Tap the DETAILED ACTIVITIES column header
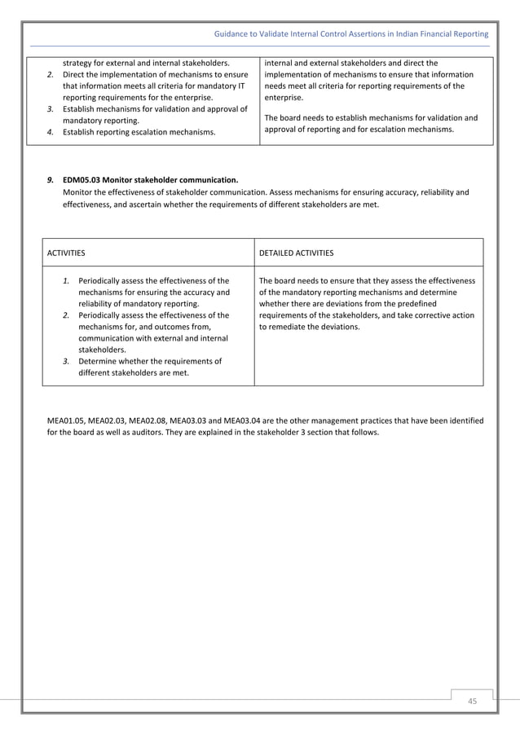click(296, 253)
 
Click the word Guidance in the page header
click(231, 34)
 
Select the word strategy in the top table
click(78, 62)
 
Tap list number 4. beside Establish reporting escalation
click(50, 131)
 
